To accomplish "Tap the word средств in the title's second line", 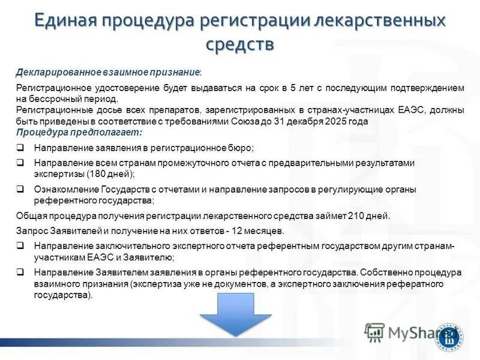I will coord(240,44).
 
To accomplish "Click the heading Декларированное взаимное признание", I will coord(108,72).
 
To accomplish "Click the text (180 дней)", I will coord(112,173).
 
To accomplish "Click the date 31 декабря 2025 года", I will coord(320,121).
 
